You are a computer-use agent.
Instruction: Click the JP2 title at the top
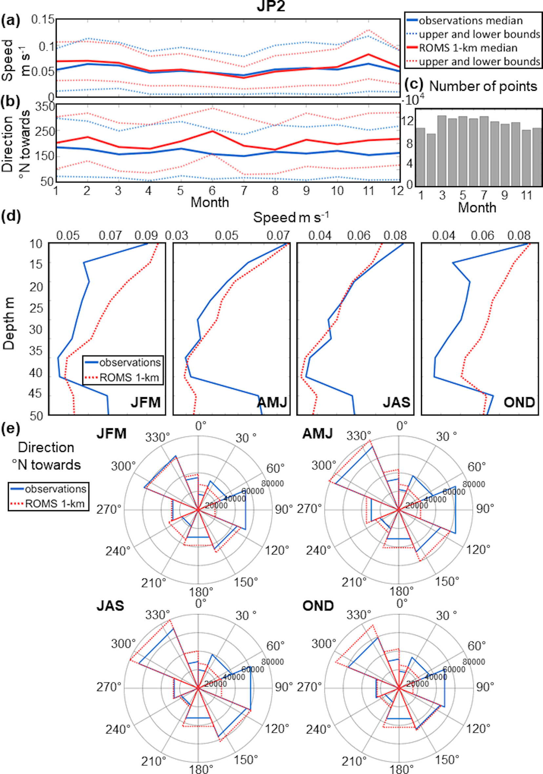(271, 7)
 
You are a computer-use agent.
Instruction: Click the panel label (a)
(10, 21)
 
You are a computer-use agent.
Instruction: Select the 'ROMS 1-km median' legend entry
(468, 48)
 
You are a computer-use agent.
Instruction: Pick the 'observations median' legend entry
(471, 21)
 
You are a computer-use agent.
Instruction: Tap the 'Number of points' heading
(483, 86)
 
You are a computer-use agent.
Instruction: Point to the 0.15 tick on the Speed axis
(43, 20)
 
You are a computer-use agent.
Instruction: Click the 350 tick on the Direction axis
(46, 106)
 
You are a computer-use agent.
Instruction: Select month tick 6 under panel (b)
(212, 191)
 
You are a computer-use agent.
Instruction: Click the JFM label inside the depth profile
(146, 402)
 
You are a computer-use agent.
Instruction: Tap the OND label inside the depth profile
(519, 402)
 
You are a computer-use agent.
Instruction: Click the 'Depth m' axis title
(9, 324)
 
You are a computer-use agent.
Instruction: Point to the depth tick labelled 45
(36, 394)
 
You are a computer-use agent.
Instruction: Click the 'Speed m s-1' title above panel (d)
(291, 218)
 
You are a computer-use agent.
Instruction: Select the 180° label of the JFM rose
(201, 591)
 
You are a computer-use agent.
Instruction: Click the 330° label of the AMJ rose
(359, 436)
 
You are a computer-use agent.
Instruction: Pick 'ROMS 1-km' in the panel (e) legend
(55, 504)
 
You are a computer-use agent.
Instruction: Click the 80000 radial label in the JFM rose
(272, 483)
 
